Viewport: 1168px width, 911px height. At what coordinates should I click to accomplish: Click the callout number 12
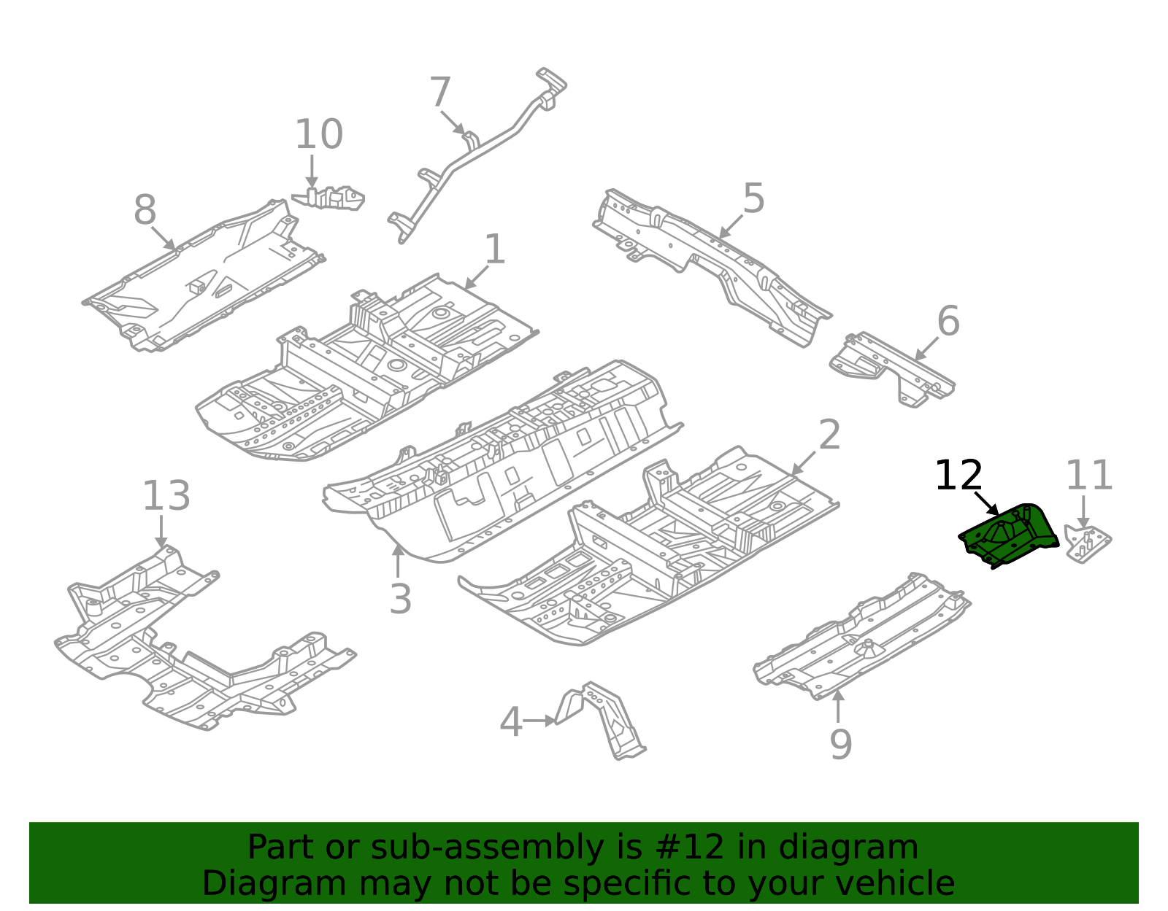coord(958,476)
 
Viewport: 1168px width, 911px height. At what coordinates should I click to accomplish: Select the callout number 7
coord(440,93)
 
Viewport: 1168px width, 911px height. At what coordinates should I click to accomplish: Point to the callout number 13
coord(166,496)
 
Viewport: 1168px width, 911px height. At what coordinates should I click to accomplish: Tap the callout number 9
coord(841,745)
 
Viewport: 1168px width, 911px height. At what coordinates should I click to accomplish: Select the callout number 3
coord(400,599)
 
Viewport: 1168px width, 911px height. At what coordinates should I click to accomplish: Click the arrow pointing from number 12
coord(986,503)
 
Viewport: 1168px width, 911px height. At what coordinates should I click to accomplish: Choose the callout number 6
coord(948,321)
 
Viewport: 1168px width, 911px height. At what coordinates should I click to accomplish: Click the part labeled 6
coord(891,368)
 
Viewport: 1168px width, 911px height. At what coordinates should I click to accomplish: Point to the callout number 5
coord(753,198)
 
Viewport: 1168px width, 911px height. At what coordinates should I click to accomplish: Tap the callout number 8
coord(145,211)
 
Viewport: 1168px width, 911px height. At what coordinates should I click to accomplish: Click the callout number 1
coord(495,249)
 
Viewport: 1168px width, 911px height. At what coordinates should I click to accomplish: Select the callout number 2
coord(829,435)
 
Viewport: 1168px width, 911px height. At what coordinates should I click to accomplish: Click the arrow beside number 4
coord(539,721)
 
